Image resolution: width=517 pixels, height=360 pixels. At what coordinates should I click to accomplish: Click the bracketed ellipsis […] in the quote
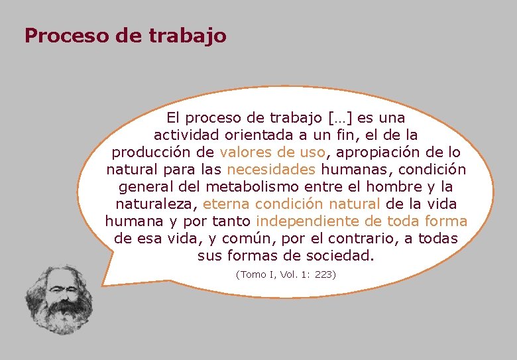341,118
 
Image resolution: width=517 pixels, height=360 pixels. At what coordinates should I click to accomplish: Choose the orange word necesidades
270,170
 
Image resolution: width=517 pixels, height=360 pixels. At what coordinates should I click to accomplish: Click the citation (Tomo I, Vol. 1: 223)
286,274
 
